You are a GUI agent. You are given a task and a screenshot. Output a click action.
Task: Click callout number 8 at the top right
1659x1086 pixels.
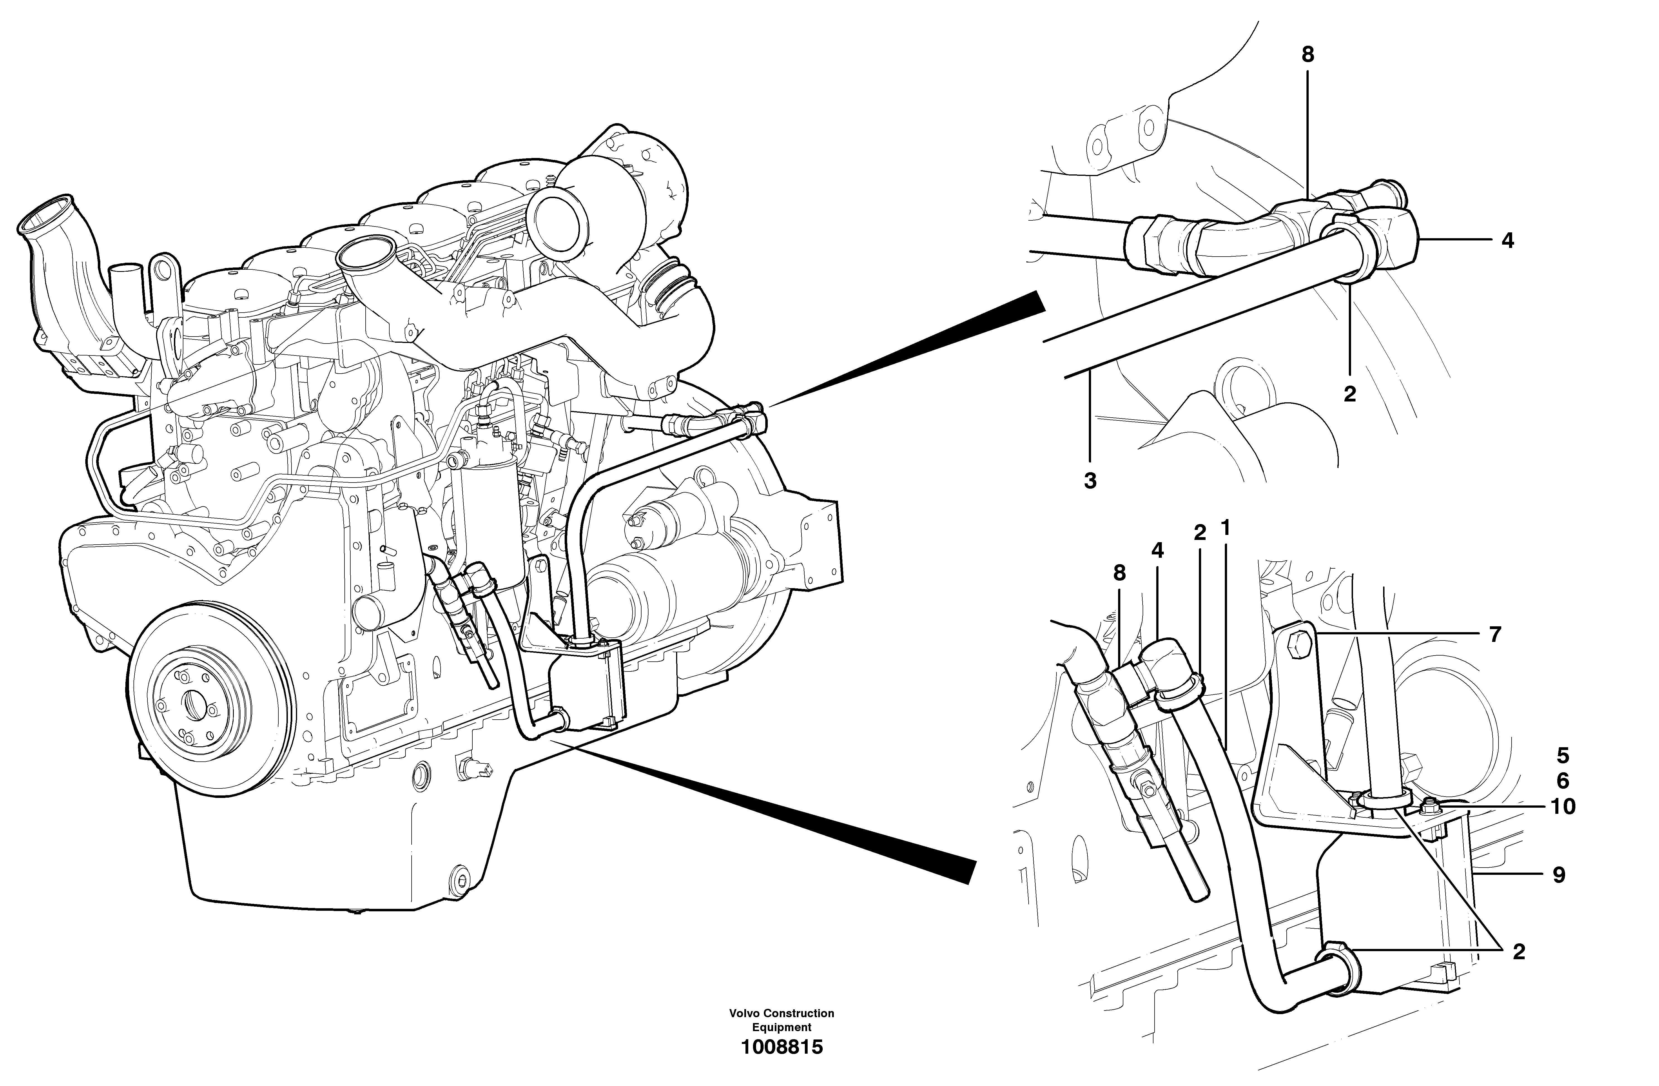click(x=1308, y=55)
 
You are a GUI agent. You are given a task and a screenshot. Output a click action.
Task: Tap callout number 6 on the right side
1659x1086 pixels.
click(x=1563, y=781)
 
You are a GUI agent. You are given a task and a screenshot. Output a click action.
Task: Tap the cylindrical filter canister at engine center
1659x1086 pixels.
click(x=488, y=526)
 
